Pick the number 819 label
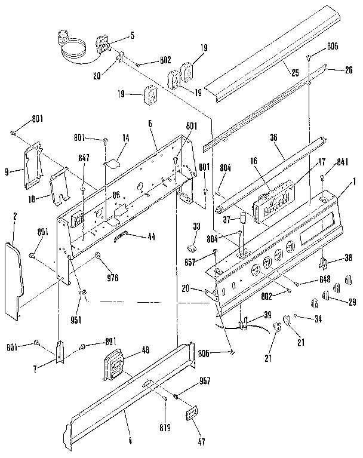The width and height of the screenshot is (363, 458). click(165, 428)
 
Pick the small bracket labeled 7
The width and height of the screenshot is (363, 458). click(60, 352)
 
